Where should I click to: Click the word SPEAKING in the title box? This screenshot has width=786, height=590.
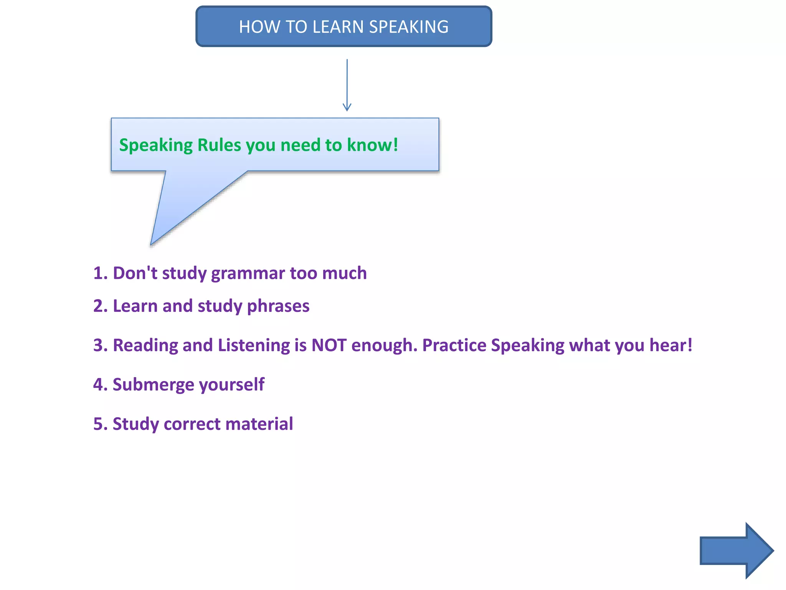409,27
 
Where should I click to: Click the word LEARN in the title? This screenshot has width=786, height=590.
338,27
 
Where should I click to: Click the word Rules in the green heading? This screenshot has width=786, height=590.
219,145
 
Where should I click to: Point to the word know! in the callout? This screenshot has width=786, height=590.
372,145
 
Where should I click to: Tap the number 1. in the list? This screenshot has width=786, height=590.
101,273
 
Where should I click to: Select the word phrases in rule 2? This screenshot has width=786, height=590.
278,306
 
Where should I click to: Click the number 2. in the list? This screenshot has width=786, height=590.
101,306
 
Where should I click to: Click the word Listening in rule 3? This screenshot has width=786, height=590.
254,345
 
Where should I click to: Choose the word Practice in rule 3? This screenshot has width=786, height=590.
454,345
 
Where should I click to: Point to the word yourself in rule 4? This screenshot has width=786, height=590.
232,384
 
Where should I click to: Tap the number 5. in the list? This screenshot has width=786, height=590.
101,424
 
